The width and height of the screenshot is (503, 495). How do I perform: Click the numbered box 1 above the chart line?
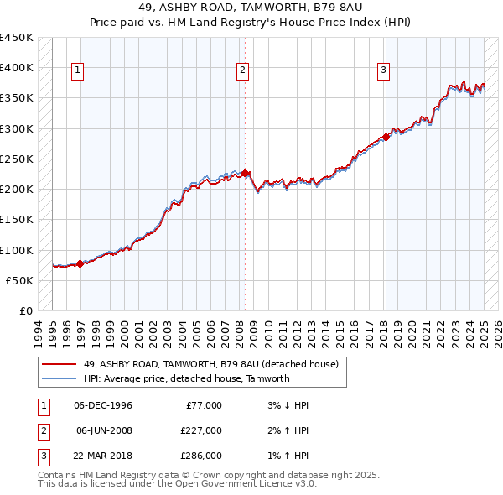pyautogui.click(x=76, y=71)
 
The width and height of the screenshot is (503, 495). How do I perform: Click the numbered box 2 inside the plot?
pyautogui.click(x=241, y=71)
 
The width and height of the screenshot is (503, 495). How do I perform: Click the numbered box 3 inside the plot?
pyautogui.click(x=383, y=71)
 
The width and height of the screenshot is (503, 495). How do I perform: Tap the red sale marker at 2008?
pyautogui.click(x=245, y=173)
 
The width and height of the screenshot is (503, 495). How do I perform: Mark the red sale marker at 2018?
pyautogui.click(x=386, y=137)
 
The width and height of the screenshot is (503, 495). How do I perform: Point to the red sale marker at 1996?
pyautogui.click(x=80, y=263)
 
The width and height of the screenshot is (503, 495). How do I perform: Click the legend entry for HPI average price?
pyautogui.click(x=186, y=378)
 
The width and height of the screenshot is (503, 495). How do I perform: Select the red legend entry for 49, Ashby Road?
pyautogui.click(x=210, y=364)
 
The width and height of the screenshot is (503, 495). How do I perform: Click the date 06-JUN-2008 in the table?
pyautogui.click(x=103, y=430)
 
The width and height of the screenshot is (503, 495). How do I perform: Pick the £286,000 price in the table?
pyautogui.click(x=201, y=456)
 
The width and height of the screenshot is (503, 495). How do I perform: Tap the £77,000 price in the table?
pyautogui.click(x=204, y=405)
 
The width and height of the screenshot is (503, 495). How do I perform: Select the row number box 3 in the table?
pyautogui.click(x=43, y=456)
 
